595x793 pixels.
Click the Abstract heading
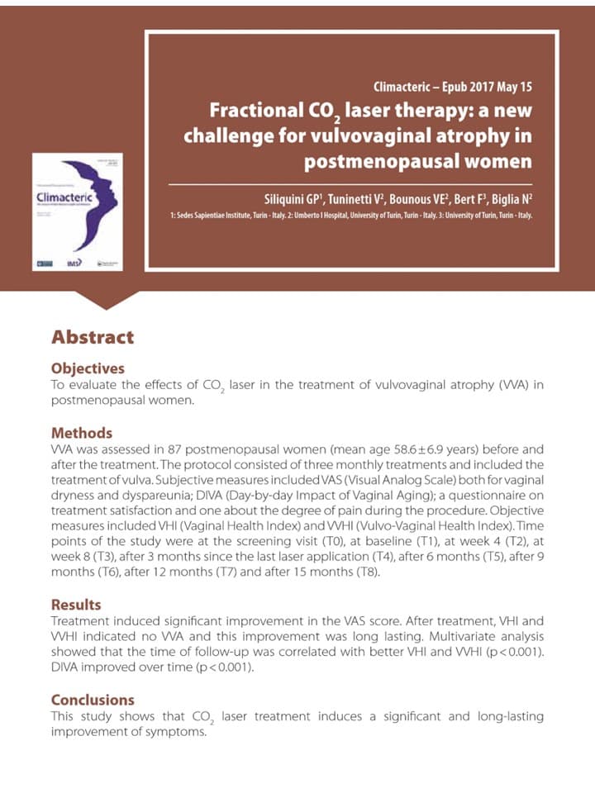coord(93,337)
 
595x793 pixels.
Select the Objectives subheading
coord(88,368)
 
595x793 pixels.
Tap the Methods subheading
coord(82,433)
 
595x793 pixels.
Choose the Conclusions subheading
coord(93,700)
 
